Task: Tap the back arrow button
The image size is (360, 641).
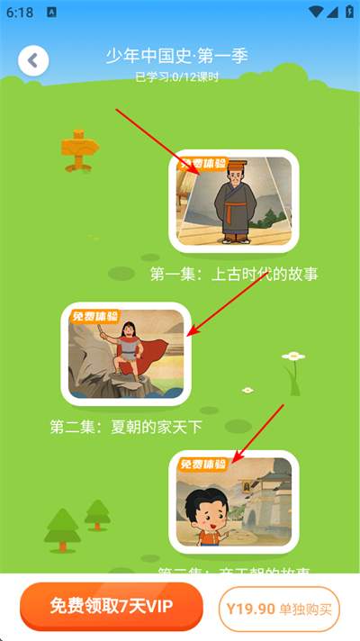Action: [33, 61]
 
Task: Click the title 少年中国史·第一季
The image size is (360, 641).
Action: [176, 56]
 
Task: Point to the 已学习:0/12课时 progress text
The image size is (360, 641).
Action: [176, 77]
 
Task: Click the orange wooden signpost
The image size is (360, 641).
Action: [79, 150]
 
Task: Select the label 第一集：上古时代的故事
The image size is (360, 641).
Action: [234, 274]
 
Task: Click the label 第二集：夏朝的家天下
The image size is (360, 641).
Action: [126, 427]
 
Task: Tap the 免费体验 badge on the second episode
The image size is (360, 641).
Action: [94, 316]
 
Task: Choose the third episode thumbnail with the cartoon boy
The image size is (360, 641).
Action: [234, 502]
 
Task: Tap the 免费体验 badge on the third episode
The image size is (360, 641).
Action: [203, 465]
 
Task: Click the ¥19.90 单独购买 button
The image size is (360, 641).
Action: [279, 609]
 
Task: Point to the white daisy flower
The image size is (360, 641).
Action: [292, 357]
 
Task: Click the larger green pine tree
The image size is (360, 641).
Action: [63, 529]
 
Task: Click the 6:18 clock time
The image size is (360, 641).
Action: [19, 13]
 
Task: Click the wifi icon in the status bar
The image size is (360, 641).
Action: [313, 13]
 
